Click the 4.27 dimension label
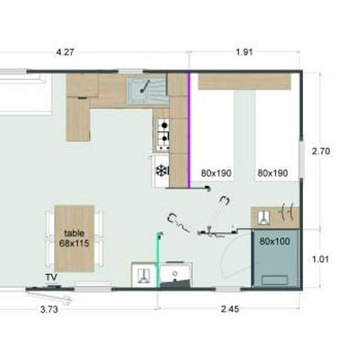coord(67,52)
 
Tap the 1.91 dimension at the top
coord(242,52)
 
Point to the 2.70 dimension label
coord(322,151)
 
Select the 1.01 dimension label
coord(322,259)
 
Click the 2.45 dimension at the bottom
coord(230,308)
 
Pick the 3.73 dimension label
coord(49,308)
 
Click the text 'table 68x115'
coord(74,238)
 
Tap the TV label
coord(51,277)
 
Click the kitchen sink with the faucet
coord(146,90)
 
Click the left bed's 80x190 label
coord(216,173)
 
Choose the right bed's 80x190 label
coord(272,173)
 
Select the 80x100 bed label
coord(275,241)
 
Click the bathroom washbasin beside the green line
coord(178,274)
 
